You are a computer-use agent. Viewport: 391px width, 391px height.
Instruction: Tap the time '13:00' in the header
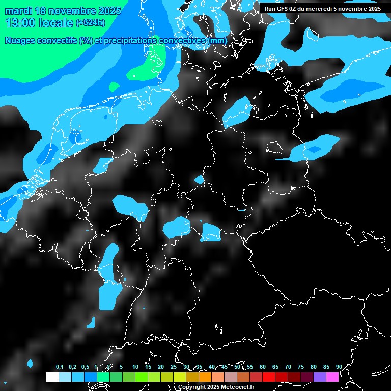pos(20,23)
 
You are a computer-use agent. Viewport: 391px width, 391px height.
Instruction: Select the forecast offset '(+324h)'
pos(90,23)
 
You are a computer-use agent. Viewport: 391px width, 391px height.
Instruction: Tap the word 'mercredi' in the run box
pos(323,8)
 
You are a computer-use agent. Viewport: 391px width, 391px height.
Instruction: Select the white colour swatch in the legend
pos(52,377)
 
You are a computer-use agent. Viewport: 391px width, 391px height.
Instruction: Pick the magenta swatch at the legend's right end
pos(332,377)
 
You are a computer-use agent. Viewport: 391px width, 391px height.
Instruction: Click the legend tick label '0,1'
pos(60,367)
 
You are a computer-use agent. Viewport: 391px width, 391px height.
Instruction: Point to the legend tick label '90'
pos(339,367)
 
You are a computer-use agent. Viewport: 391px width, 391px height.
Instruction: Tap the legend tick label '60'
pos(262,367)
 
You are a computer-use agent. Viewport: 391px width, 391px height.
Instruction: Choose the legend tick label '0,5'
pos(85,367)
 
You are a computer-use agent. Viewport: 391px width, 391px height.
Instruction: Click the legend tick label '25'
pos(173,367)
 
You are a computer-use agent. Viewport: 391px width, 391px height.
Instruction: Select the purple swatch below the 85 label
pos(319,377)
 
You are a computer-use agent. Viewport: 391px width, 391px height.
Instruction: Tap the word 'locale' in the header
pos(55,23)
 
